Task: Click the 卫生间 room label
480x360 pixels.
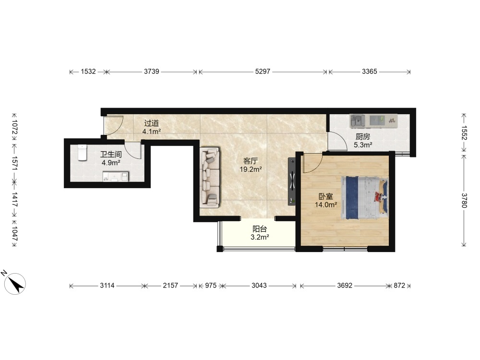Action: coord(111,155)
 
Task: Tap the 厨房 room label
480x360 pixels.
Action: coord(363,137)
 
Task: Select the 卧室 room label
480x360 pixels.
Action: coord(326,196)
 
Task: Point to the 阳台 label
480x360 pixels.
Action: coord(260,229)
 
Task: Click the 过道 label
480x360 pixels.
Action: coord(152,123)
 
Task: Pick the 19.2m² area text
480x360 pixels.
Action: coord(251,169)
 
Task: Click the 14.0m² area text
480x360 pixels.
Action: coord(326,205)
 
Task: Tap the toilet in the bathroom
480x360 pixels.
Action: coord(83,153)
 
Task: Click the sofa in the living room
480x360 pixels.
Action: coord(210,178)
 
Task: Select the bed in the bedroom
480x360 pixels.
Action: coord(365,198)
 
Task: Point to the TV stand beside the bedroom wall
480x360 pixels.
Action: coord(292,181)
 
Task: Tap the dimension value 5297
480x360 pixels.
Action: coord(263,72)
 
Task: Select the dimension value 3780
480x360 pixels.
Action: coord(464,201)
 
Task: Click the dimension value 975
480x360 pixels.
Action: coord(211,286)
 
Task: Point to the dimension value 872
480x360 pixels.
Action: coord(399,286)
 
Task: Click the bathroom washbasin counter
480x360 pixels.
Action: coord(115,177)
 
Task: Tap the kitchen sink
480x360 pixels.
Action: coord(358,120)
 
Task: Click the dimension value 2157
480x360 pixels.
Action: coord(170,286)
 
